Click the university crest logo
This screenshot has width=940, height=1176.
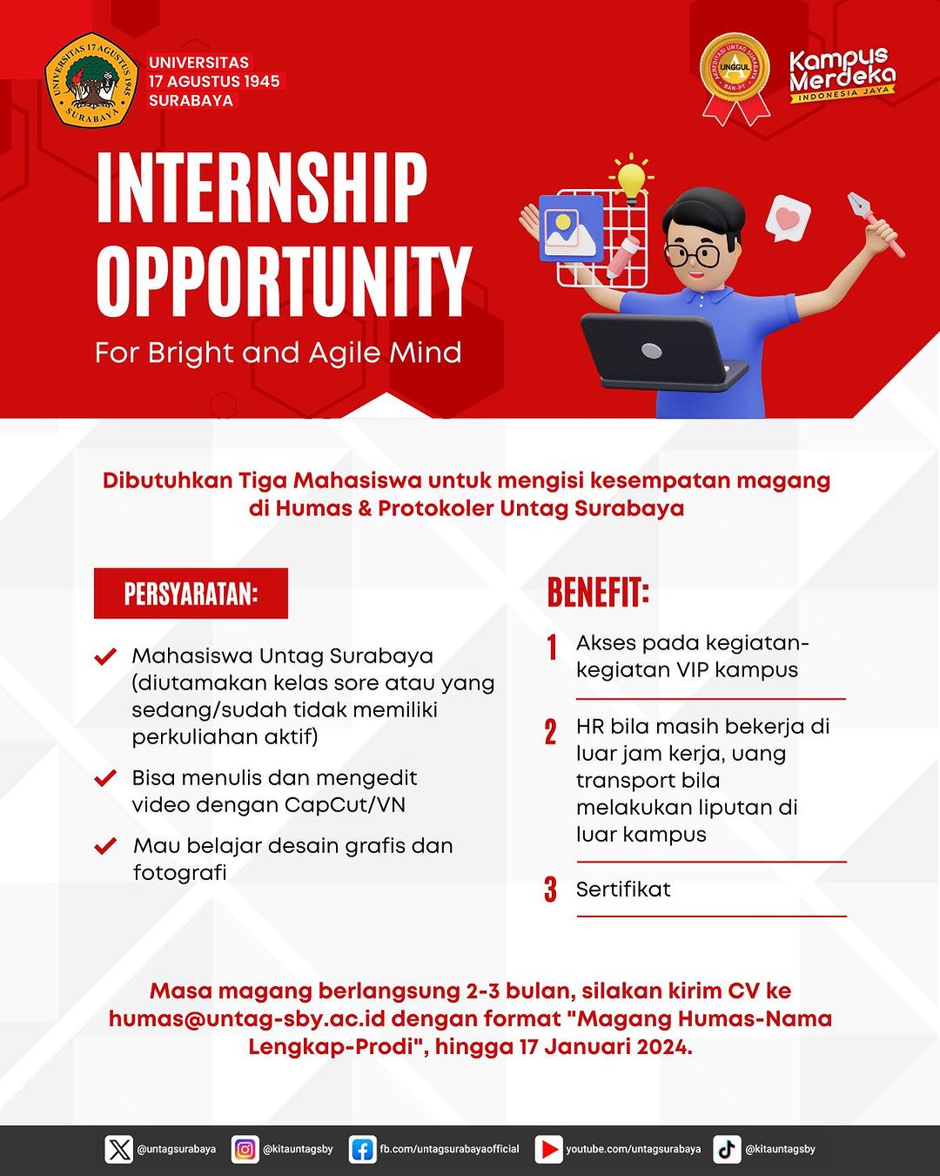click(92, 81)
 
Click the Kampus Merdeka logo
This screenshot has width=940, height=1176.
click(842, 75)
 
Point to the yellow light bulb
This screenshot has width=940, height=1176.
click(632, 178)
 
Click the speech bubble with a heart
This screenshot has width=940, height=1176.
click(788, 218)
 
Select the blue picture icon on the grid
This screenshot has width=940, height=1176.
click(571, 228)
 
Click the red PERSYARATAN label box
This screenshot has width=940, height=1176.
click(191, 594)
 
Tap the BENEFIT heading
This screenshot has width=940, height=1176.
click(598, 593)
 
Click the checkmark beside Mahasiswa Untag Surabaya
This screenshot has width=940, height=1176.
click(105, 656)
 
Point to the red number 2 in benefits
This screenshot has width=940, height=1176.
click(550, 732)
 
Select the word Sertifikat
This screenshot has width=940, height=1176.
click(623, 889)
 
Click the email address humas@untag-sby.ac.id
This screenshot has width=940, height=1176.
click(246, 1018)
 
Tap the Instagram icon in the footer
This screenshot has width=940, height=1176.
click(245, 1149)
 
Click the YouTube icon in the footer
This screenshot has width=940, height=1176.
click(548, 1149)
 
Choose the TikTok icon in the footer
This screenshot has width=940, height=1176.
click(727, 1149)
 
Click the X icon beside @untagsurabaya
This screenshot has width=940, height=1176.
click(119, 1149)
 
